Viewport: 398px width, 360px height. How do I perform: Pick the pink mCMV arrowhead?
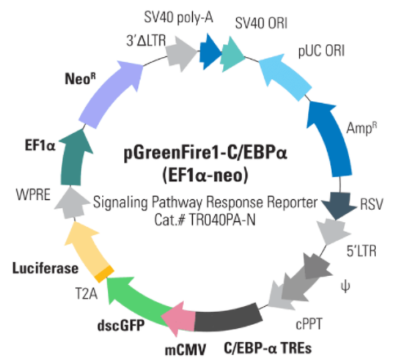[178, 318]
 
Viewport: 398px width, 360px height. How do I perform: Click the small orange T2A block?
[104, 273]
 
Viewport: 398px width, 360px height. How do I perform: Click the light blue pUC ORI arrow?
[284, 76]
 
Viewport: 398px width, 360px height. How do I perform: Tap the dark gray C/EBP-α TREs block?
[228, 318]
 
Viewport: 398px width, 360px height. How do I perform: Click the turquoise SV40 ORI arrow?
[232, 55]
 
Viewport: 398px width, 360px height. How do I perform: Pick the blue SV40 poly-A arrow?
[210, 51]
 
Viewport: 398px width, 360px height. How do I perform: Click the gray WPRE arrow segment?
[71, 202]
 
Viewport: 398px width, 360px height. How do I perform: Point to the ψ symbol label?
[345, 287]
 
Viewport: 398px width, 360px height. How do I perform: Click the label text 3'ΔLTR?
[146, 41]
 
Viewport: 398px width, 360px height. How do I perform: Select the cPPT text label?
[309, 324]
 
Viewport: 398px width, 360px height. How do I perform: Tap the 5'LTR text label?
[361, 251]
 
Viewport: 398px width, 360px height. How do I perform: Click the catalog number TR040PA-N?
[222, 220]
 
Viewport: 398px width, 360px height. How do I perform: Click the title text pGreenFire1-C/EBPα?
[205, 153]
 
